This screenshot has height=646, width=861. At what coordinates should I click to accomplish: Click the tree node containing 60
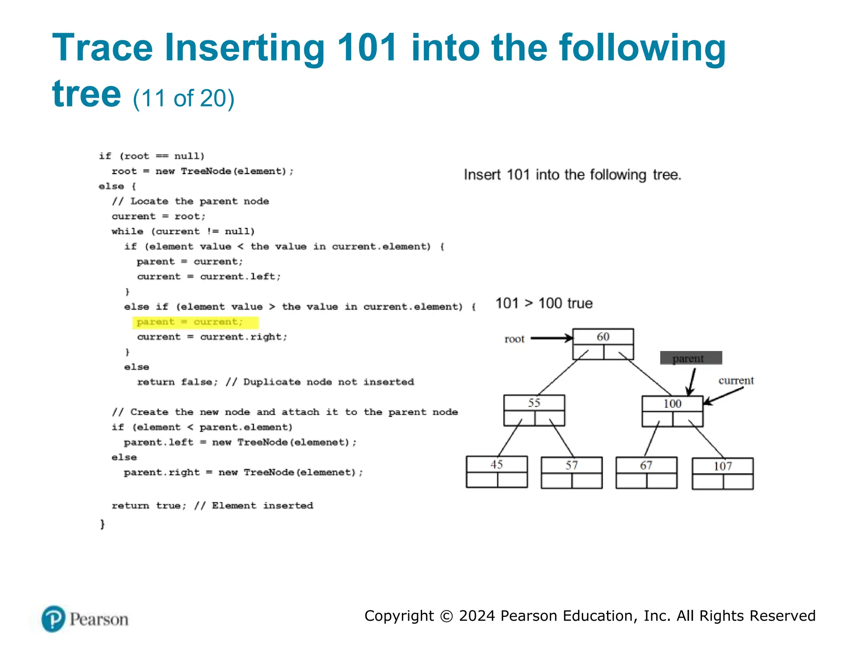click(x=603, y=344)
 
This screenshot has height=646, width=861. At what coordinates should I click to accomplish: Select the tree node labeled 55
click(x=534, y=410)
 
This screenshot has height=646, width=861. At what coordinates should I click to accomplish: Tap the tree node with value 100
click(x=672, y=411)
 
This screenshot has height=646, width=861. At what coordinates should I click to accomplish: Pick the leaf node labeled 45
click(x=497, y=471)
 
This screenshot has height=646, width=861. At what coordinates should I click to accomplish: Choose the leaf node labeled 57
click(x=571, y=472)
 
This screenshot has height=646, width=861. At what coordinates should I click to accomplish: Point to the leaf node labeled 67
click(x=646, y=472)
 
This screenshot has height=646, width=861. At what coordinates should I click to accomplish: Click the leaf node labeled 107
click(x=722, y=473)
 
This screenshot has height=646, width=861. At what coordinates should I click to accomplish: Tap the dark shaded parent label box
click(x=691, y=358)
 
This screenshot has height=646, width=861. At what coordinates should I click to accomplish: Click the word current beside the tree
click(x=736, y=381)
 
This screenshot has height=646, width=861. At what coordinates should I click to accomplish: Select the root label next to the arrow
click(x=514, y=339)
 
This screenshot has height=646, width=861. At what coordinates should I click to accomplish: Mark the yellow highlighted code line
click(x=195, y=322)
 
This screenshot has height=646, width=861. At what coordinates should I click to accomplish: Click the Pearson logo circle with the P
click(x=53, y=619)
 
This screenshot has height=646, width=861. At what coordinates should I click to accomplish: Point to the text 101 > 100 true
click(x=544, y=303)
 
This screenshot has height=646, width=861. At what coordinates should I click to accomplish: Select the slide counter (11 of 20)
click(x=183, y=98)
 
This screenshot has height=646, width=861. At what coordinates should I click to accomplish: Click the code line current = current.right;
click(x=212, y=337)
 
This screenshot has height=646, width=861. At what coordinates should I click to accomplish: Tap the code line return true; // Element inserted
click(x=212, y=506)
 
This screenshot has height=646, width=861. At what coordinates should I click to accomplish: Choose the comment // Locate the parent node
click(x=190, y=201)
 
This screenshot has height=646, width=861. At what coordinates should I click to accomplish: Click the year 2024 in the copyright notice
click(x=477, y=616)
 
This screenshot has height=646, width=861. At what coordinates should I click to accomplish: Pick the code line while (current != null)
click(x=183, y=231)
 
